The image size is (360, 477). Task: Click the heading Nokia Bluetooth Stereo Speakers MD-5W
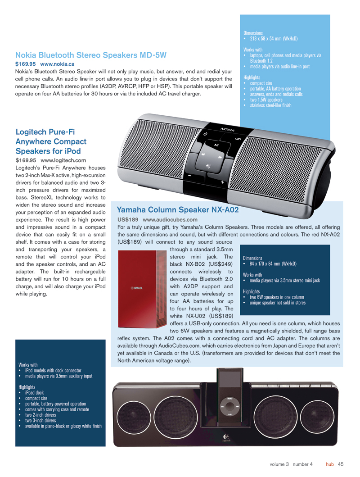pyautogui.click(x=91, y=55)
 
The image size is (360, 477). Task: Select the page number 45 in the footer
pyautogui.click(x=341, y=464)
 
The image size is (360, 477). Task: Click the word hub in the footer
pyautogui.click(x=330, y=464)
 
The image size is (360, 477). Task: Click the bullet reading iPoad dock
pyautogui.click(x=34, y=393)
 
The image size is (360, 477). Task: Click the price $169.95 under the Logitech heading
pyautogui.click(x=26, y=159)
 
